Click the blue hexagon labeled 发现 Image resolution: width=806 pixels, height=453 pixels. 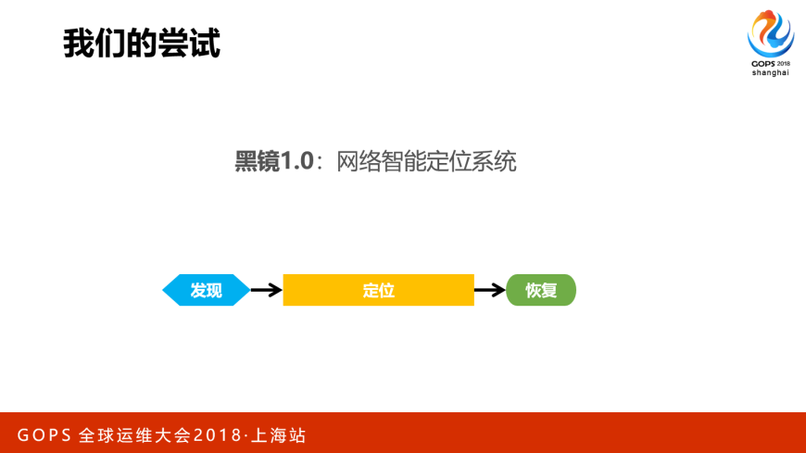(x=206, y=290)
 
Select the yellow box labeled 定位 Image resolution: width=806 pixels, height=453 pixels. (x=378, y=290)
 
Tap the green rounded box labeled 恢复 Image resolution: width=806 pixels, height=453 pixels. (x=541, y=290)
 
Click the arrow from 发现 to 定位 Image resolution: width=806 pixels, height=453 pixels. (x=266, y=290)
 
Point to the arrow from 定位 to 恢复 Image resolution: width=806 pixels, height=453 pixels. (x=489, y=290)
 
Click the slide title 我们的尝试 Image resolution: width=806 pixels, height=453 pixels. (x=142, y=44)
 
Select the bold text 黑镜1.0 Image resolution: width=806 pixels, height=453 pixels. (x=274, y=161)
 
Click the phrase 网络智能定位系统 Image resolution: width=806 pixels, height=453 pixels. (x=426, y=161)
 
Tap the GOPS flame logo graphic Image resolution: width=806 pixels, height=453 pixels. (x=771, y=33)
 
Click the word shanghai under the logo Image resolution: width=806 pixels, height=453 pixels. (x=770, y=72)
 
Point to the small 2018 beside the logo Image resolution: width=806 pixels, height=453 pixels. (x=784, y=63)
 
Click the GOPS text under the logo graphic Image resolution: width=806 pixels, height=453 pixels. (x=763, y=63)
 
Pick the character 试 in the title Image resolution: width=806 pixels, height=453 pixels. (x=205, y=44)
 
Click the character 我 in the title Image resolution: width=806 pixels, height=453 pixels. (x=79, y=44)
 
